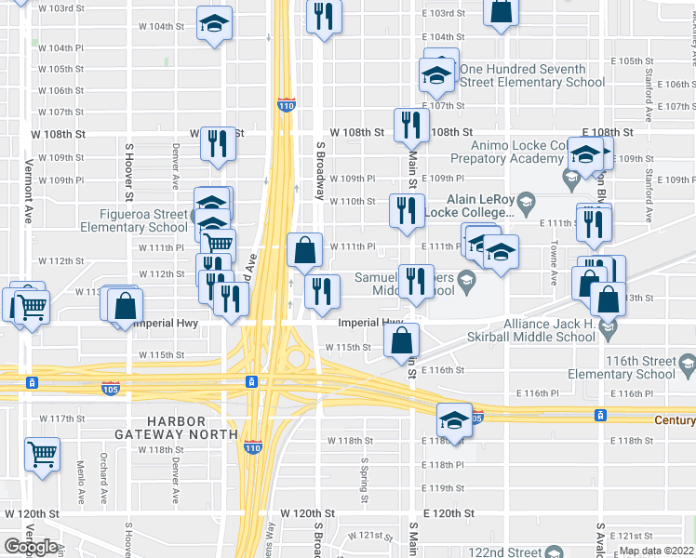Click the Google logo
coord(31,547)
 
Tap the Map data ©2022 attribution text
coord(657,551)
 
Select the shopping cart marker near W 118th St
coord(42,454)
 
